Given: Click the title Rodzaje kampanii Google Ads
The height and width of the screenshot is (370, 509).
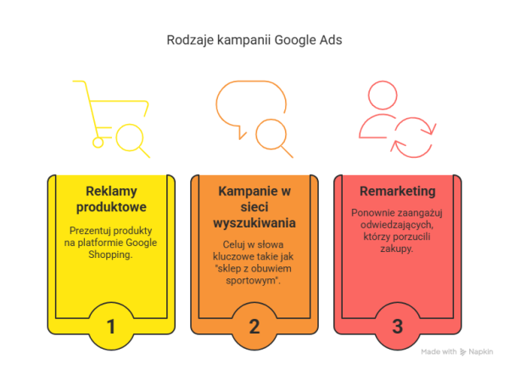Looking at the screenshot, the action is (x=255, y=40).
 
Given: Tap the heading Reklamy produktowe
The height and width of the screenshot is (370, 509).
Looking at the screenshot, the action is (x=111, y=199).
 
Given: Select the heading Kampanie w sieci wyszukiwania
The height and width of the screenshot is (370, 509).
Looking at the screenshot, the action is (x=255, y=207).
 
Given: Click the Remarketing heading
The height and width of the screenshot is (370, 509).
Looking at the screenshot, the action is (x=397, y=191).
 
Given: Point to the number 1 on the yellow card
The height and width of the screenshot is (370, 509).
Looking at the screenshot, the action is (x=111, y=326).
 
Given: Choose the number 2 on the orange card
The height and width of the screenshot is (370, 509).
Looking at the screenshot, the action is (x=255, y=326).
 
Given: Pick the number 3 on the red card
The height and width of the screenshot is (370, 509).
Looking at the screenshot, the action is (x=397, y=326).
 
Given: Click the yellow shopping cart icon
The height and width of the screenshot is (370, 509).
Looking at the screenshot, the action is (x=110, y=114).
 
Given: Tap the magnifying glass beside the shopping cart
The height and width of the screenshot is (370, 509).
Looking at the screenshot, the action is (x=133, y=141).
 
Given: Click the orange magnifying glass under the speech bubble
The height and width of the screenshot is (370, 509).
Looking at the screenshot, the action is (x=274, y=138).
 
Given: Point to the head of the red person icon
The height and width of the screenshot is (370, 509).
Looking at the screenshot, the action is (x=383, y=95).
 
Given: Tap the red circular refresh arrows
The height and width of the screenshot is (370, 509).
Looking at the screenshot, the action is (x=413, y=137).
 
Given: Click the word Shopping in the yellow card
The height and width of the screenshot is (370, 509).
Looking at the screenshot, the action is (x=110, y=255).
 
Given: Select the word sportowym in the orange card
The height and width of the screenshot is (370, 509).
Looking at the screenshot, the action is (x=253, y=280).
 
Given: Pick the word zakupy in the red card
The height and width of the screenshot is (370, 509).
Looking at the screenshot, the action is (x=397, y=249).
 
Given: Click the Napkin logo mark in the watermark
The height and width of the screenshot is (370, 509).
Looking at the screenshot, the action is (x=463, y=352).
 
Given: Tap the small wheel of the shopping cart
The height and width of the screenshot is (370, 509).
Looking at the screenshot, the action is (x=98, y=143).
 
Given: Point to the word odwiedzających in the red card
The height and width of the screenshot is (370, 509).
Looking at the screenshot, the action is (x=397, y=225).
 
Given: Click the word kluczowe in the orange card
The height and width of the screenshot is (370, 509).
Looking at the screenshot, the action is (x=234, y=256).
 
